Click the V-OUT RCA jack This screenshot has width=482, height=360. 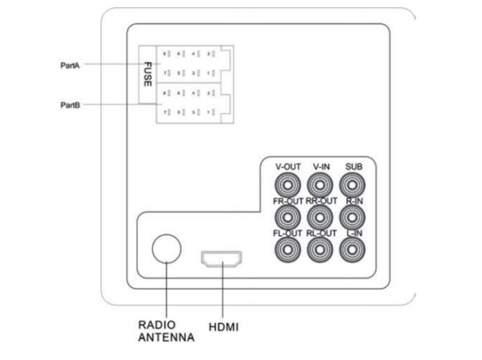tap(287, 185)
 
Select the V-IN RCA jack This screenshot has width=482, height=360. tap(320, 185)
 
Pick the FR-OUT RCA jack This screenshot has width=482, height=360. tap(287, 218)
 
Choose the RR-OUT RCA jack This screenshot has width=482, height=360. tap(320, 218)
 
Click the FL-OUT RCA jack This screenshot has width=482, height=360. tap(287, 249)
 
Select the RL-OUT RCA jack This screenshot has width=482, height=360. tap(320, 249)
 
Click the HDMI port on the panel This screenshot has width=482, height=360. tap(221, 259)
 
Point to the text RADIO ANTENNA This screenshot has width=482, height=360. tap(166, 331)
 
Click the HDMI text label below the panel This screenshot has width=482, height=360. tap(223, 327)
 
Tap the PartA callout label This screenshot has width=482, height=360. tap(70, 65)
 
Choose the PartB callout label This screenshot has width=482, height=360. tap(70, 105)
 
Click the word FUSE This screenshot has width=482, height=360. tap(148, 74)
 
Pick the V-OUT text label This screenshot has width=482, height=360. tap(288, 167)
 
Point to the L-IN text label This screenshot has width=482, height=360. tap(354, 233)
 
